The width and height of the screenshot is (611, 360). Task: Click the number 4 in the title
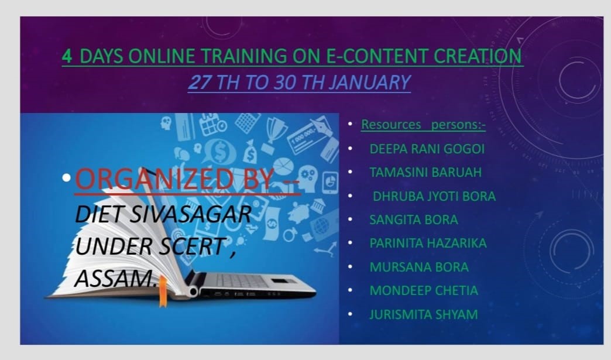point(67,57)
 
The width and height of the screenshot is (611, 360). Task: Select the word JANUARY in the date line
point(369,82)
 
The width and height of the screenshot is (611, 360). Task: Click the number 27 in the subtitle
point(200,82)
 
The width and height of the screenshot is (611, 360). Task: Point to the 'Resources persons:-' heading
point(423,124)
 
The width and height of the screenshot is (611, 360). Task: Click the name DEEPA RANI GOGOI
point(427,149)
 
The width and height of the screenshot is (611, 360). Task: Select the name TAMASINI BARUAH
point(425,172)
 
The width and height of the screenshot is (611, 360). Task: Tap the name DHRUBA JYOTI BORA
point(434,196)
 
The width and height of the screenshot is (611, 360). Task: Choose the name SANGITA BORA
point(413,220)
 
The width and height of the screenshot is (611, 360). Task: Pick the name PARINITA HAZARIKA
point(428,243)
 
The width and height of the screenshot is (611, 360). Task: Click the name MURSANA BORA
point(419,267)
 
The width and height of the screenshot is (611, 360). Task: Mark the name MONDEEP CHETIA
point(424,290)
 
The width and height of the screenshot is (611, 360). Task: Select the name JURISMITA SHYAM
point(424,314)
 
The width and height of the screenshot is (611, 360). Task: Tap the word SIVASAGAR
point(190,214)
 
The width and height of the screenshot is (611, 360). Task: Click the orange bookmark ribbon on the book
point(163,292)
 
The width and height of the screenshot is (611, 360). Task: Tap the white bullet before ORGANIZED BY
point(67,178)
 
